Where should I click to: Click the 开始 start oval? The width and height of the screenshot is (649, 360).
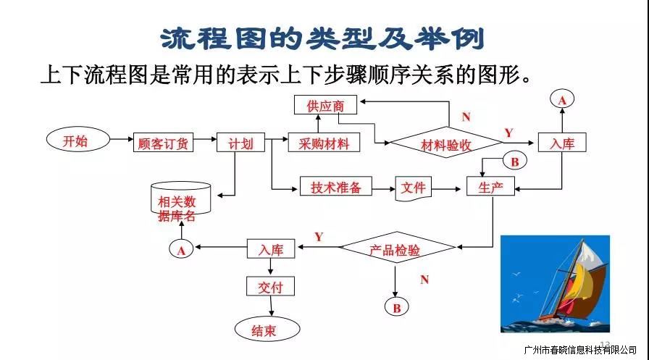pyautogui.click(x=76, y=141)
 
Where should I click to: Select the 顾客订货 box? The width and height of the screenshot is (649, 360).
pyautogui.click(x=164, y=143)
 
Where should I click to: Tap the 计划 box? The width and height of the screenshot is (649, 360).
pyautogui.click(x=241, y=143)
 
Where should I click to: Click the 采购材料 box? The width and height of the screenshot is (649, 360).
pyautogui.click(x=319, y=143)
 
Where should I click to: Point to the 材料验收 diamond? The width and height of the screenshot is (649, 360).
pyautogui.click(x=445, y=144)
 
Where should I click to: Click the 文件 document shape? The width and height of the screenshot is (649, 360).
pyautogui.click(x=414, y=188)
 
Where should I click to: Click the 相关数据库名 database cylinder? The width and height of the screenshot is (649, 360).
pyautogui.click(x=177, y=199)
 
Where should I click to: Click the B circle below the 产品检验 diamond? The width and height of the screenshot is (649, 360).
pyautogui.click(x=396, y=308)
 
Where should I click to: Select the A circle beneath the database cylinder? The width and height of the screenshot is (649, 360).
pyautogui.click(x=181, y=250)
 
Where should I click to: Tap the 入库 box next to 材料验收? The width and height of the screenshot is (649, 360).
pyautogui.click(x=561, y=143)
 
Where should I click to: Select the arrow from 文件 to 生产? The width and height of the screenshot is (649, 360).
pyautogui.click(x=448, y=188)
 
